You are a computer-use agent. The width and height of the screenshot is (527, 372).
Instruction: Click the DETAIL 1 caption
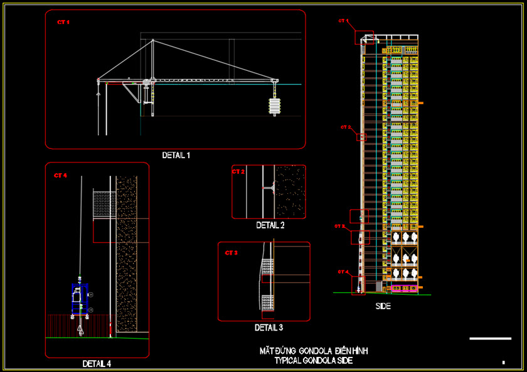176,155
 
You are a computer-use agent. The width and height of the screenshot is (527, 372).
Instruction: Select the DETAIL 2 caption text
270,225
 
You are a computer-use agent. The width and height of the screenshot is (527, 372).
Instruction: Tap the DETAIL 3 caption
269,327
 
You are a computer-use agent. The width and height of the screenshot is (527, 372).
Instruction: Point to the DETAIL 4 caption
97,363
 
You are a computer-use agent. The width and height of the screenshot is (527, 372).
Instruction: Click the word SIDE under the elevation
383,306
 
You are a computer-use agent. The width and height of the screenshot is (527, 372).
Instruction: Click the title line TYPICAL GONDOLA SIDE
313,361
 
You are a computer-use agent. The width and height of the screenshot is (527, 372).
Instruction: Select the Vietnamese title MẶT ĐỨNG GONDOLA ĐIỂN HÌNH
313,351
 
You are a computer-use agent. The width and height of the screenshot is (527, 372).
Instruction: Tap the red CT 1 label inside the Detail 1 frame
63,22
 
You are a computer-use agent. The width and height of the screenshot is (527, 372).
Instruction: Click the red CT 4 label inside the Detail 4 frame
60,175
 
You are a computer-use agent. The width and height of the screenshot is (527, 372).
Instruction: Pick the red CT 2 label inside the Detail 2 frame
238,171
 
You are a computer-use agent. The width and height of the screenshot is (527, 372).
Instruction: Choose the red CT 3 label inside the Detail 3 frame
232,253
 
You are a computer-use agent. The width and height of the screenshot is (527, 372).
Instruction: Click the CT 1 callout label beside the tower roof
343,21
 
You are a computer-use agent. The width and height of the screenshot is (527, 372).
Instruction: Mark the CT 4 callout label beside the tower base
343,272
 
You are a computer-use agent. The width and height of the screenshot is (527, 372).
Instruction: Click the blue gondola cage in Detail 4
78,301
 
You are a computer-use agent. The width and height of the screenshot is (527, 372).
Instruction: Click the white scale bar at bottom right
490,339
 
